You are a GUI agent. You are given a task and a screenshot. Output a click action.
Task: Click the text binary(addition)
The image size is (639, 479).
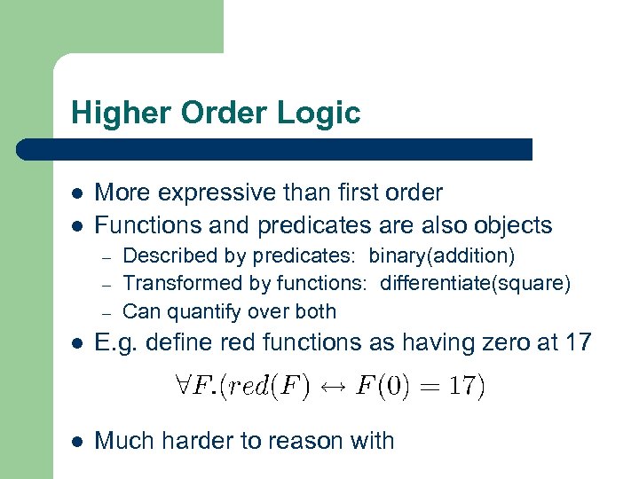441,256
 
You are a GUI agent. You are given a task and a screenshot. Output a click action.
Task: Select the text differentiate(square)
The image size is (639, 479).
476,284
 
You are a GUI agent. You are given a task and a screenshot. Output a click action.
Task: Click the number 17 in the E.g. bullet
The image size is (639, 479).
575,342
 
